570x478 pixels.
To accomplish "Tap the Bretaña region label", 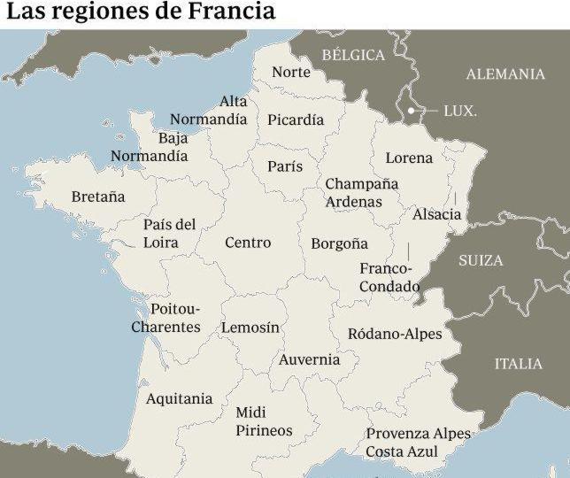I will [x=98, y=197].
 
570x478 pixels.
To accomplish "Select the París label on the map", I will [x=285, y=166].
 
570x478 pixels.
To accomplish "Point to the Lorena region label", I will [x=409, y=158].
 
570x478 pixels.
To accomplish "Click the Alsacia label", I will [x=436, y=214].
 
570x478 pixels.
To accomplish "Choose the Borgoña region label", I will [x=339, y=243].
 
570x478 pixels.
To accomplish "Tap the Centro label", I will [x=248, y=243].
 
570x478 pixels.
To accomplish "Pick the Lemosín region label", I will [x=250, y=328].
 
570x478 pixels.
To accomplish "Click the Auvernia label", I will [x=309, y=359].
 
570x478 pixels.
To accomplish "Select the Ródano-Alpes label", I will [x=394, y=334].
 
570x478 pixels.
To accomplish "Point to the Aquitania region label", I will [x=179, y=398].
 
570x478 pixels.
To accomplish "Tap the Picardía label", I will [x=296, y=119].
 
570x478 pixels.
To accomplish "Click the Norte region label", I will [x=290, y=72].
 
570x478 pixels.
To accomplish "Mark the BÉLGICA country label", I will [x=353, y=55].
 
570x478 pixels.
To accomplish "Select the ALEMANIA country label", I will [x=505, y=74].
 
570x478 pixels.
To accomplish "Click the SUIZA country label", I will [x=481, y=260].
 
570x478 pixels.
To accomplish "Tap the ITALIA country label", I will [x=518, y=364].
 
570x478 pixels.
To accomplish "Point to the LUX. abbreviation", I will [x=459, y=112].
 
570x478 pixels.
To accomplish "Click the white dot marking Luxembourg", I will [x=412, y=111].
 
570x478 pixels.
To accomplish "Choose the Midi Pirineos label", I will [x=264, y=421].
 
